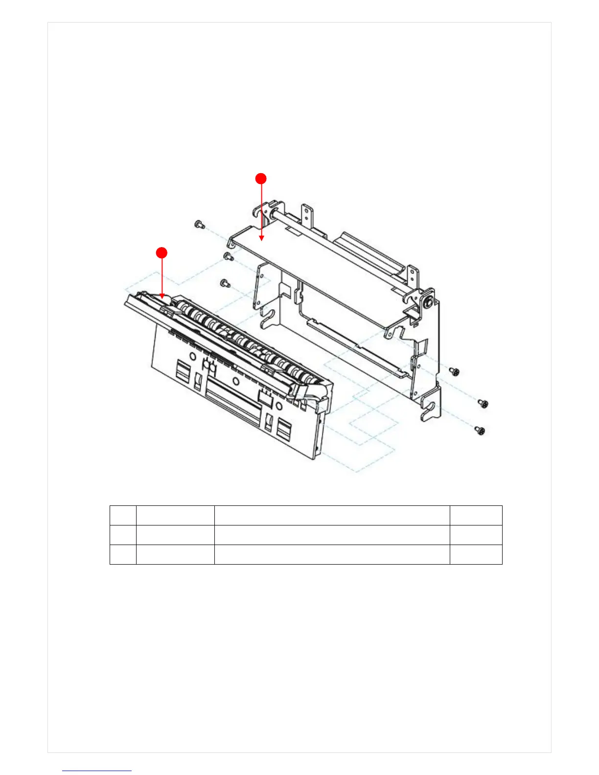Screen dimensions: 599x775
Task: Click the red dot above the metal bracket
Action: coord(261,179)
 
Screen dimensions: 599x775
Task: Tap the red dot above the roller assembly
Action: coord(161,252)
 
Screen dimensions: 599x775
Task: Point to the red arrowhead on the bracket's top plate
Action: coord(261,238)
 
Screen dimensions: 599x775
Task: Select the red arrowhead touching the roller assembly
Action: coord(161,296)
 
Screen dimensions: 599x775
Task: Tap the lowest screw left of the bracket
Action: coord(225,282)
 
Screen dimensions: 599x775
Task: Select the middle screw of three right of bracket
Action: coord(484,403)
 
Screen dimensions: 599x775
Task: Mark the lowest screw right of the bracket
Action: coord(480,430)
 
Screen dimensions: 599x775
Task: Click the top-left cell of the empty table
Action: coord(123,515)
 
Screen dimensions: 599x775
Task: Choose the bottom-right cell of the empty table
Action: coord(476,554)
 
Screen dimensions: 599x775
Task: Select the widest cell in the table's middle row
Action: coord(332,535)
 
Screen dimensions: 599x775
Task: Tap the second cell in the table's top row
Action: coord(175,515)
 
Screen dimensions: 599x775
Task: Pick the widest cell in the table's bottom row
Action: coord(332,554)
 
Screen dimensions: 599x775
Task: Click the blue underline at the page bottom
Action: coord(97,771)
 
